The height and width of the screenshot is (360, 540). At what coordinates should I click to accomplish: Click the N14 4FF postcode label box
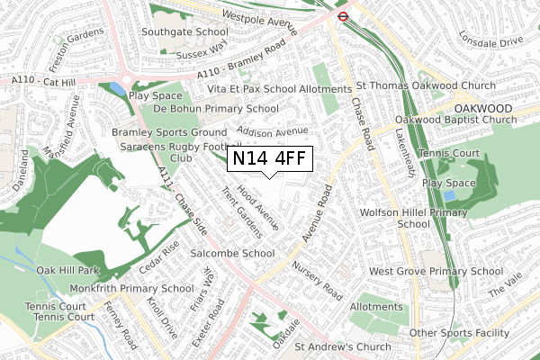(x=271, y=158)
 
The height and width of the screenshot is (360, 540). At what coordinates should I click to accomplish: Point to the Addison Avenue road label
(x=266, y=131)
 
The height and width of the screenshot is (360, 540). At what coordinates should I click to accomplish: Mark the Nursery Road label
(x=318, y=282)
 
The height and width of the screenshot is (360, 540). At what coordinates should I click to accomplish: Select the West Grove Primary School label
(x=436, y=271)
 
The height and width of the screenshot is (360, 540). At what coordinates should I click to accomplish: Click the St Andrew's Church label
(x=343, y=346)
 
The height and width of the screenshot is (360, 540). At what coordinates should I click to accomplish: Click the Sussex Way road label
(x=205, y=48)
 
